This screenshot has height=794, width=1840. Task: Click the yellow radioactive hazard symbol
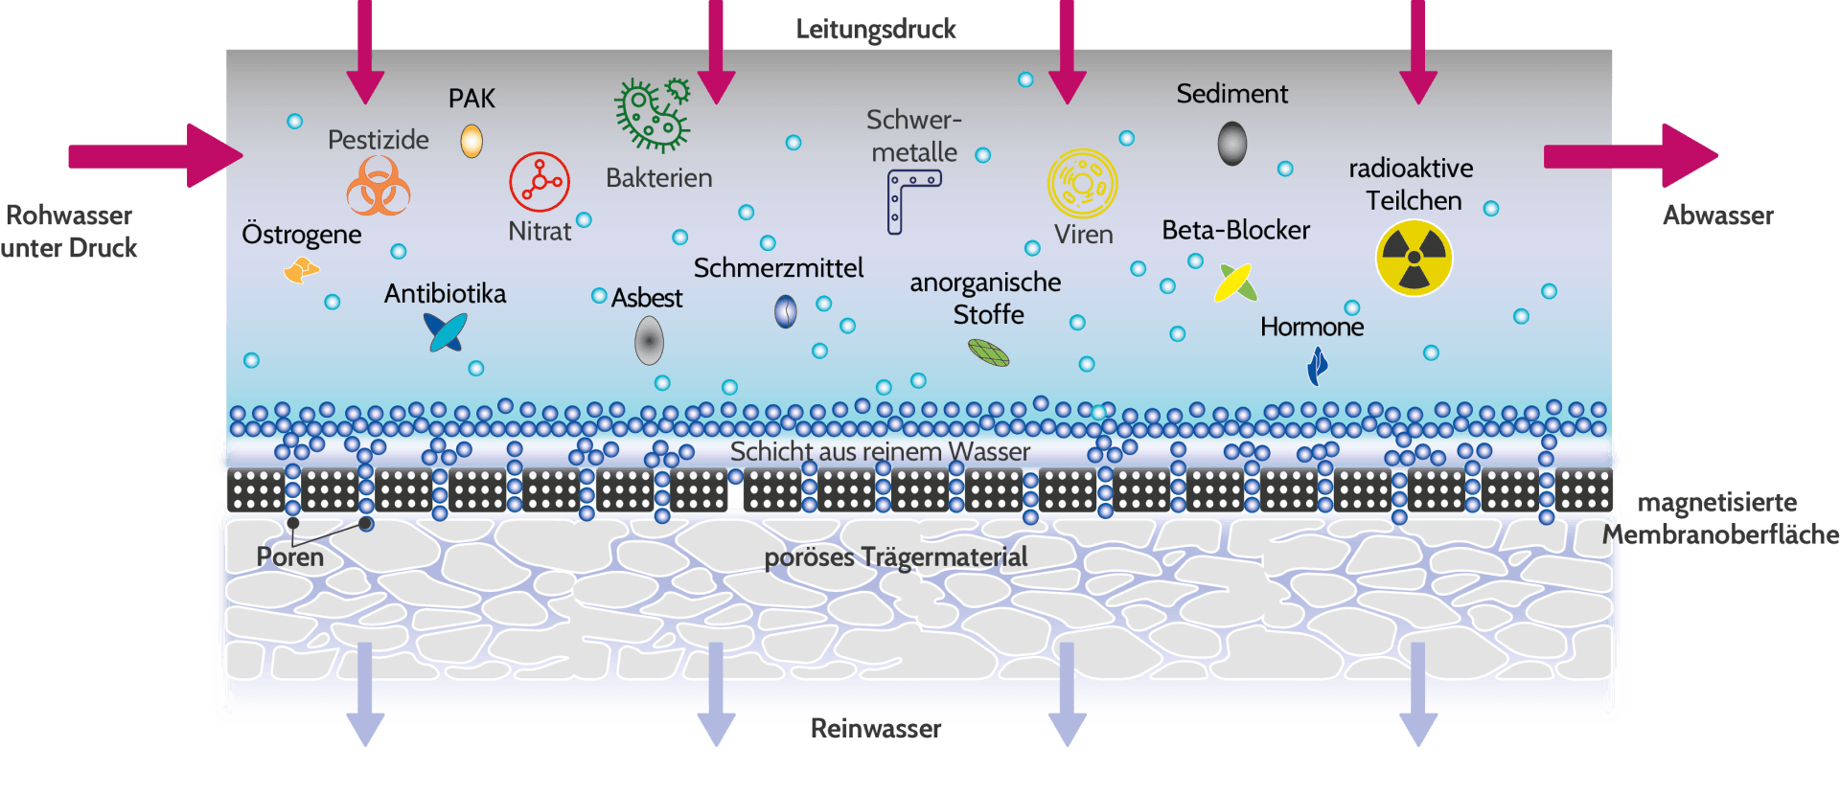pyautogui.click(x=1414, y=258)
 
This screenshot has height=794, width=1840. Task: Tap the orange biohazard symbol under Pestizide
pyautogui.click(x=379, y=187)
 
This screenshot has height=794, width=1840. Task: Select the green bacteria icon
pyautogui.click(x=652, y=116)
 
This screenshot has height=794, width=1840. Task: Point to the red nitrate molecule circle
pyautogui.click(x=540, y=181)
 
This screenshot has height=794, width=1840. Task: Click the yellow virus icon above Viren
pyautogui.click(x=1082, y=183)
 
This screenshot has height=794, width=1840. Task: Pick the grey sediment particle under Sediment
pyautogui.click(x=1232, y=144)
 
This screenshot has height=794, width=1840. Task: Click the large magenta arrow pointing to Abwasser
pyautogui.click(x=1629, y=155)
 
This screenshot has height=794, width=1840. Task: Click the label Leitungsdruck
pyautogui.click(x=876, y=30)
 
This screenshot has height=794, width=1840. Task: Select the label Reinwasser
pyautogui.click(x=876, y=729)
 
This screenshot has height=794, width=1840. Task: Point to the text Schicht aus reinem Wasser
pyautogui.click(x=880, y=451)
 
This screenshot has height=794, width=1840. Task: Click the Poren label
pyautogui.click(x=289, y=556)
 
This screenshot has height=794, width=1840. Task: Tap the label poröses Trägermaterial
pyautogui.click(x=895, y=556)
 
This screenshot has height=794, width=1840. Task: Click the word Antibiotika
pyautogui.click(x=445, y=293)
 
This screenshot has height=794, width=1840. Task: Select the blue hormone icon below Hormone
pyautogui.click(x=1318, y=365)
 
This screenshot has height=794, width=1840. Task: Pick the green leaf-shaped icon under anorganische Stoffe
pyautogui.click(x=989, y=353)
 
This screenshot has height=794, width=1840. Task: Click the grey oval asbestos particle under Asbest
pyautogui.click(x=649, y=341)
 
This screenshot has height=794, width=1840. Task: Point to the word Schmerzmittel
pyautogui.click(x=778, y=268)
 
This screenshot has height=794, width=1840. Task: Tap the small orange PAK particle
pyautogui.click(x=471, y=141)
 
